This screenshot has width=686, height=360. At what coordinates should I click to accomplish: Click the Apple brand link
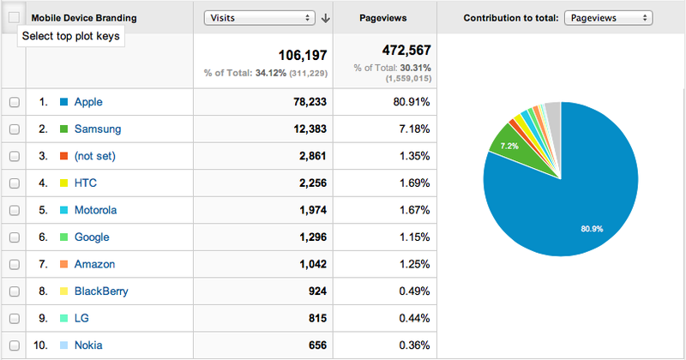tap(88, 102)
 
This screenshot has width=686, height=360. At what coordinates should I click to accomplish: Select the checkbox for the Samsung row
tap(14, 129)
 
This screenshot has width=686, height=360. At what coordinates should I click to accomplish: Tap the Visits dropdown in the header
tap(259, 17)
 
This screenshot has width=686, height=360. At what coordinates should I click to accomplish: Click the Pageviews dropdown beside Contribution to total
tap(609, 17)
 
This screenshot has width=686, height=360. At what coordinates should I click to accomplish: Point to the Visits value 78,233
tap(306, 102)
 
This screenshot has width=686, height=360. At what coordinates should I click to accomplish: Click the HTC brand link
tap(85, 183)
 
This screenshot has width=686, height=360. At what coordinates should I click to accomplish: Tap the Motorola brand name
tap(95, 210)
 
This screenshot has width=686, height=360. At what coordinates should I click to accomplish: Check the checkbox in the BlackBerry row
tap(14, 291)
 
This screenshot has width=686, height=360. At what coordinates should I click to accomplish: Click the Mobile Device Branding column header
tap(84, 17)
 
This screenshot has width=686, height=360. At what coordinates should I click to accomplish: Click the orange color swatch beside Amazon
tap(63, 265)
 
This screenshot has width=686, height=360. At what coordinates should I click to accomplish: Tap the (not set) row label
tap(94, 156)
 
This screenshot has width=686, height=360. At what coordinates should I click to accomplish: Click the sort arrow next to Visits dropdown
tap(326, 18)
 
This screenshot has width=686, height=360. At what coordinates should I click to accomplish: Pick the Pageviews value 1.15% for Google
tap(412, 237)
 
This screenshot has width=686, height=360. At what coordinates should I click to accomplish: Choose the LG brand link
tap(82, 319)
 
